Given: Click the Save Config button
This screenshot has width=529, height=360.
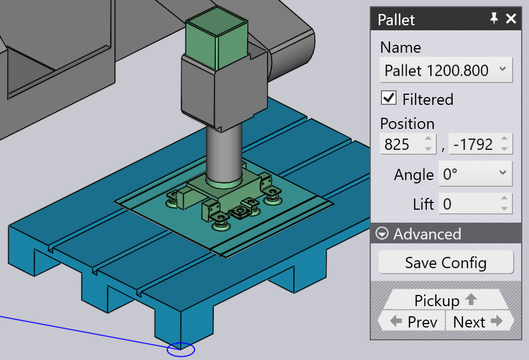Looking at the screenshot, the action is click(445, 262).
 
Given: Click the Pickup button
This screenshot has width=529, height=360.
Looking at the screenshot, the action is click(445, 299).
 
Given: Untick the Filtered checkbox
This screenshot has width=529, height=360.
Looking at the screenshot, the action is click(389, 98).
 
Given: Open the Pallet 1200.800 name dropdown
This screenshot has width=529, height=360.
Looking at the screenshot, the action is click(445, 70).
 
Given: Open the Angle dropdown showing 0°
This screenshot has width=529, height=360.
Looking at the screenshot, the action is click(475, 174).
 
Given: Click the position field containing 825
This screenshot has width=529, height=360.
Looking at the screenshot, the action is click(407, 144).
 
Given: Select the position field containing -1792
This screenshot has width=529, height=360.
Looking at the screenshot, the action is click(480, 144).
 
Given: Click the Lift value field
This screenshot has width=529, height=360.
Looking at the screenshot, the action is click(475, 203).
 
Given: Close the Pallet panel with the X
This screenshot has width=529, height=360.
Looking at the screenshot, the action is click(511, 19).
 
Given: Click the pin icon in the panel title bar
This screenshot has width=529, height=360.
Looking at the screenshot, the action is click(494, 18).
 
